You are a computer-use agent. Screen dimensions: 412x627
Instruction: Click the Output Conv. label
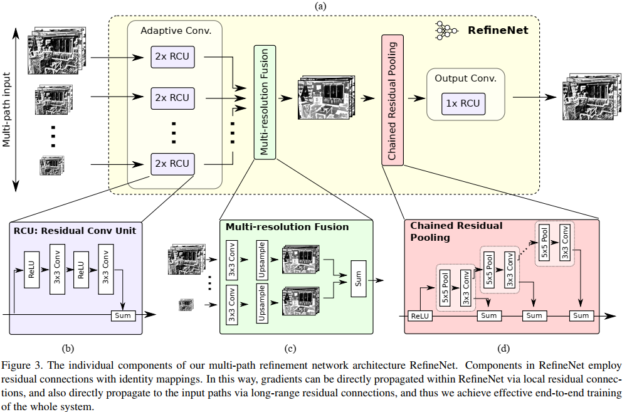[x=465, y=78]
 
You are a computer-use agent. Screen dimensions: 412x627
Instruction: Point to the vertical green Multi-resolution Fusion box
[x=264, y=101]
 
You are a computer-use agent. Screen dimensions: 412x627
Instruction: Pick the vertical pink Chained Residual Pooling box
[x=392, y=101]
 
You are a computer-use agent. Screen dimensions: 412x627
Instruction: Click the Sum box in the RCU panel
[x=123, y=315]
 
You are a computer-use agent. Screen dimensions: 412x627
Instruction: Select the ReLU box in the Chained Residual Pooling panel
[x=419, y=315]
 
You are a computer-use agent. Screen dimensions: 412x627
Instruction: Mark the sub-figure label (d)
[x=503, y=348]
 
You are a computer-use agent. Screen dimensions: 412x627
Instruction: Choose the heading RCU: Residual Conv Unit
[x=75, y=230]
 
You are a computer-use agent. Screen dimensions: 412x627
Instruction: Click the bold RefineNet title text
[x=498, y=29]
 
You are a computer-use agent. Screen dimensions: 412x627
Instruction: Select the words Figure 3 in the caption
[x=20, y=365]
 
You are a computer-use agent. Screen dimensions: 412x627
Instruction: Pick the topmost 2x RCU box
[x=172, y=58]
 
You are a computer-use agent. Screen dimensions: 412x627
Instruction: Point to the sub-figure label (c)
[x=289, y=348]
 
